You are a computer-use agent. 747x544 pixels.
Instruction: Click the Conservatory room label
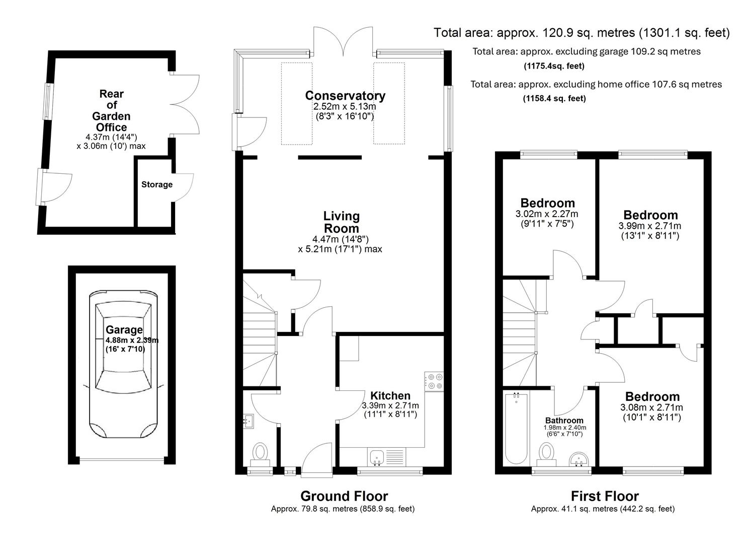345,95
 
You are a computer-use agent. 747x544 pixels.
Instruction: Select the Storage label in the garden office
156,185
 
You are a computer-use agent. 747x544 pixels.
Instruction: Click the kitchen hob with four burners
434,381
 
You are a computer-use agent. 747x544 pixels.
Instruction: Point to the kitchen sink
377,457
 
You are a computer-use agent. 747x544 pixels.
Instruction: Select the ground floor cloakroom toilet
261,452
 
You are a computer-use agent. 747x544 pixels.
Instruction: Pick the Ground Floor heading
344,496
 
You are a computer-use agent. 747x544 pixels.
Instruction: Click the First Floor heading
605,496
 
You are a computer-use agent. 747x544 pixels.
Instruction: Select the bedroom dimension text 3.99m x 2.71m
649,226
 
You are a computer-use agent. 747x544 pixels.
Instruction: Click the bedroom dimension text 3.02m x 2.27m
547,214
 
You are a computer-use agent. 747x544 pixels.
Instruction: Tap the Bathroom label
564,421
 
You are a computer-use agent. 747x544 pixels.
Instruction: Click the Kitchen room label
390,395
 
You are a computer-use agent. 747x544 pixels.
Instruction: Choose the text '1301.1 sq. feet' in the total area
684,33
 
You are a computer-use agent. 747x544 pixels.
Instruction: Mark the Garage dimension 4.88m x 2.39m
132,340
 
